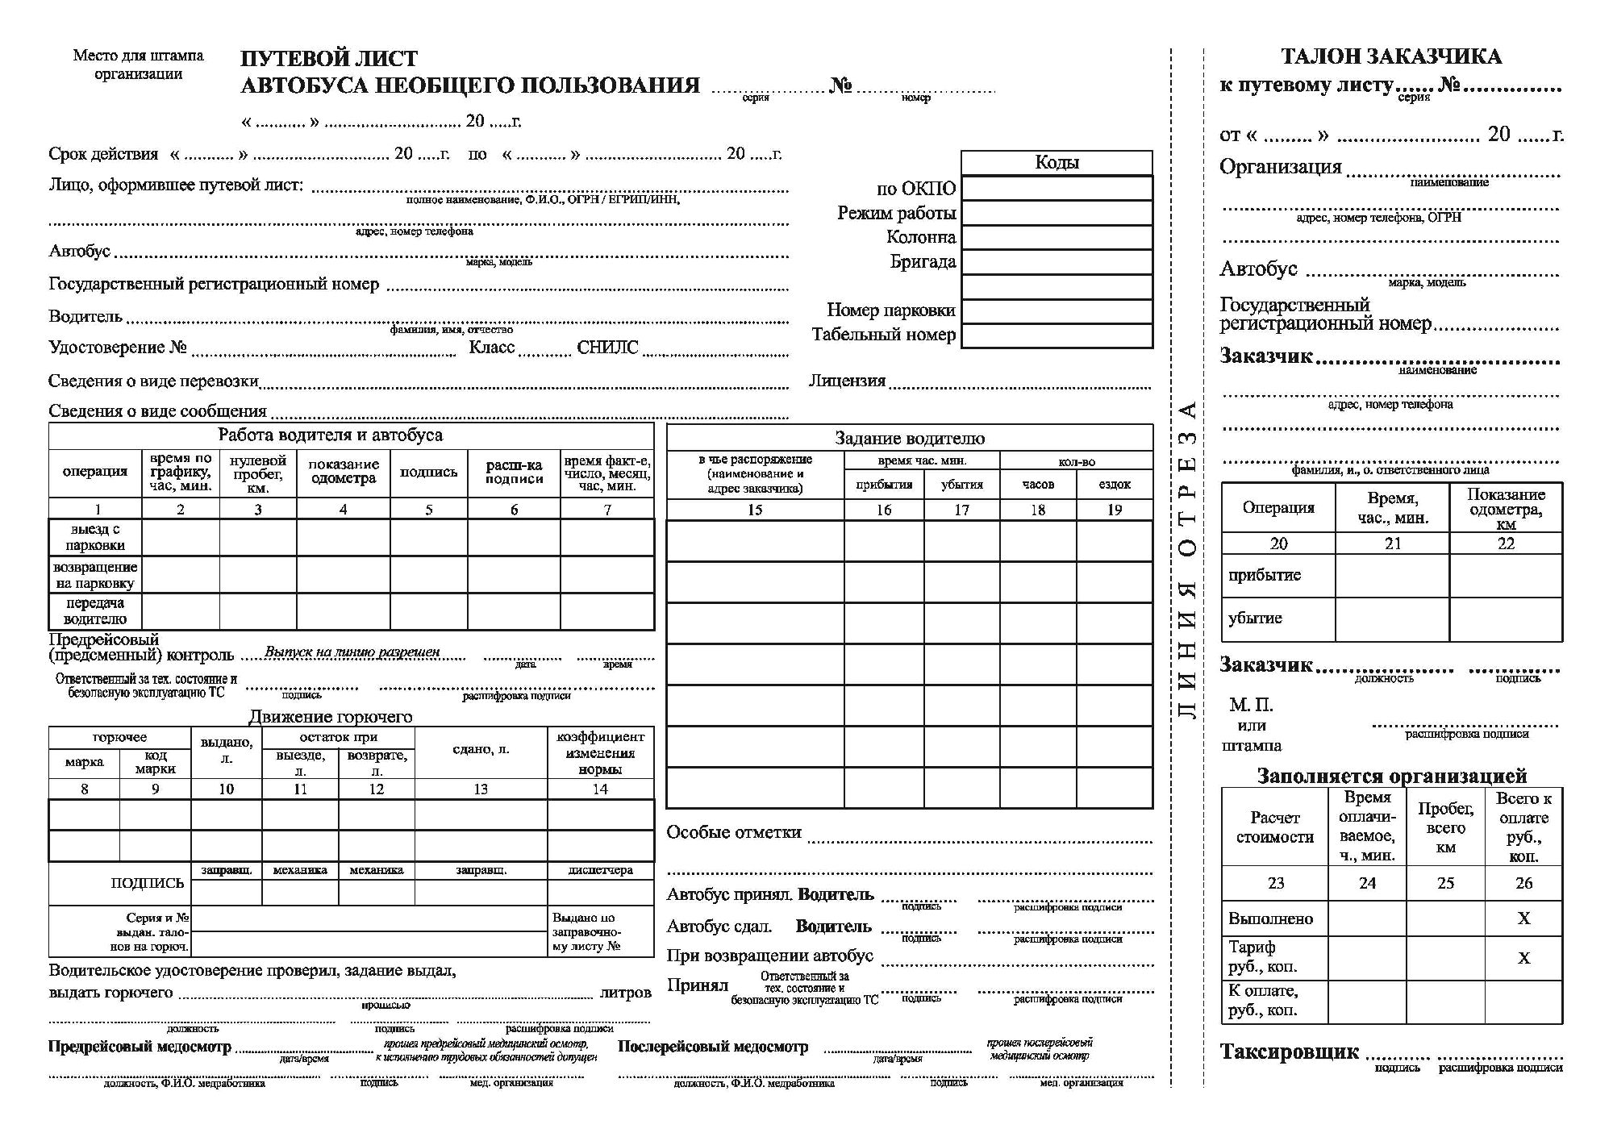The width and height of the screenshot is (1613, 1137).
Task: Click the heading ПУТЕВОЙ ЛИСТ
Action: point(329,59)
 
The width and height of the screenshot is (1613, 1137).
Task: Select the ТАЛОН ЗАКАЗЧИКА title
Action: point(1391,56)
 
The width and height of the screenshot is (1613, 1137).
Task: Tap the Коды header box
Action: point(1057,163)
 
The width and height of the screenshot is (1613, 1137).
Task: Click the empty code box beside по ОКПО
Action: point(1057,189)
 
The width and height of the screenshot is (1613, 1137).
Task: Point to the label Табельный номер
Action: point(884,335)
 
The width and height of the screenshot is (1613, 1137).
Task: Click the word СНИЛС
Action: point(607,348)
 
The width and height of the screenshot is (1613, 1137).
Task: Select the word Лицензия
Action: point(847,381)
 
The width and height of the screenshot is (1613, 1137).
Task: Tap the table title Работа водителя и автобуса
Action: point(330,435)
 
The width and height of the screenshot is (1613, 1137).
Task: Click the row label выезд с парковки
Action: point(95,537)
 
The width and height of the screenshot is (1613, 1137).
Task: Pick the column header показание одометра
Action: point(344,471)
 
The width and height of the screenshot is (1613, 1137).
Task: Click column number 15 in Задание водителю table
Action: point(755,510)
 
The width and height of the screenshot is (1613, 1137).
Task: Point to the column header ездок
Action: point(1115,484)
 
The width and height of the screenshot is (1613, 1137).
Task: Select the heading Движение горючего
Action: point(330,717)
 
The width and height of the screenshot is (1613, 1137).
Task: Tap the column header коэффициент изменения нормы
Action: point(600,753)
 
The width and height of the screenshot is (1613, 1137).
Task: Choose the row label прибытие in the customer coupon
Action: point(1265,575)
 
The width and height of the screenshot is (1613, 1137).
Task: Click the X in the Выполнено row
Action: point(1523,918)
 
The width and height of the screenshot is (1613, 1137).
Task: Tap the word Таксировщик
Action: point(1289,1052)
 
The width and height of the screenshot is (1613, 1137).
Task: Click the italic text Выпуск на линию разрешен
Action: point(352,652)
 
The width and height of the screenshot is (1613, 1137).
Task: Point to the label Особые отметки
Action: point(734,832)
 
